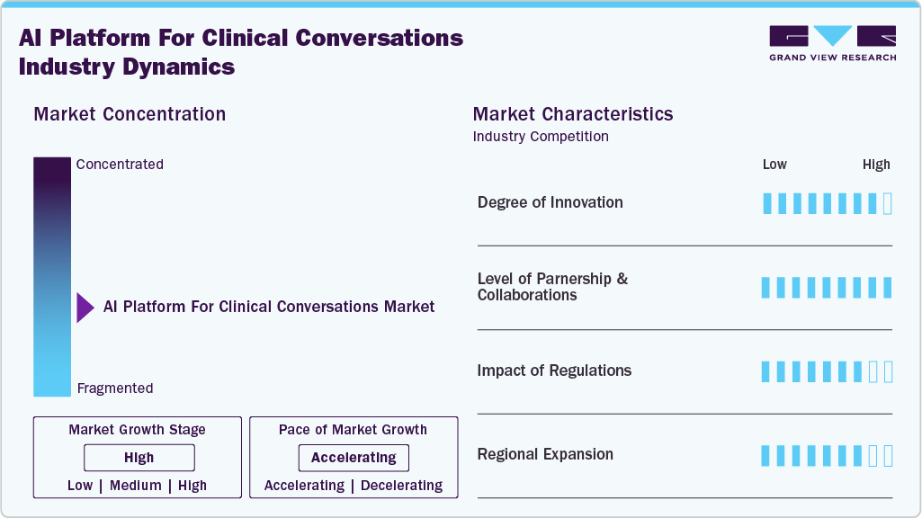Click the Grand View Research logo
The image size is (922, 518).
coord(832,42)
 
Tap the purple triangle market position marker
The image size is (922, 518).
coord(85,308)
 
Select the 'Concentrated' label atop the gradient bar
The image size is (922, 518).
coord(120,165)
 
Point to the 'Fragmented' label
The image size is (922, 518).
coord(115,388)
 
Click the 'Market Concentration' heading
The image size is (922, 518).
coord(130,114)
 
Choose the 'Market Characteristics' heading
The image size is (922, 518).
coord(573,114)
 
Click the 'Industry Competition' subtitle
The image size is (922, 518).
coord(541,137)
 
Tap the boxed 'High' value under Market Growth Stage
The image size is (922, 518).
coord(139,458)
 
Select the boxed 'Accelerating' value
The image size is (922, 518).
coord(354,458)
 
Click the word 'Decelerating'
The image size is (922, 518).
coord(402,486)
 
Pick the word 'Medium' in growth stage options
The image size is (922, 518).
coord(136,486)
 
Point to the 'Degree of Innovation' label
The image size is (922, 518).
coord(550,202)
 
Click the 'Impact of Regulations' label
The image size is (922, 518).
coord(554,371)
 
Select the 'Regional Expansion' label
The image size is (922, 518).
coord(545,454)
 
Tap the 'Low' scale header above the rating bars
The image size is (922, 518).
coord(774,165)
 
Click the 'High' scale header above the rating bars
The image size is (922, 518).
coord(876,165)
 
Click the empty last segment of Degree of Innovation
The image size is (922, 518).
coord(888,203)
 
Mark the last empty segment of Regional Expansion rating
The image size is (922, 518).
coord(888,456)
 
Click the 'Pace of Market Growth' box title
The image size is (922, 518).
coord(353,430)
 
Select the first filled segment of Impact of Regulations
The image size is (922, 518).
coord(766,371)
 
